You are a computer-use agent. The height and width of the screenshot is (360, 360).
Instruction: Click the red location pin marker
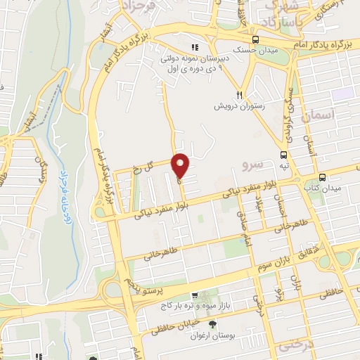181,166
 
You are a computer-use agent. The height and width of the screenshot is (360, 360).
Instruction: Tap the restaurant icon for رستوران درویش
239,95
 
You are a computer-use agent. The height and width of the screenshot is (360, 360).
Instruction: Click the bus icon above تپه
283,155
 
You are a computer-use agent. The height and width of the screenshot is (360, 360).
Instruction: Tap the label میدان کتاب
326,188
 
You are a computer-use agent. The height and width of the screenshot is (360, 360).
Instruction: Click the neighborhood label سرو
251,165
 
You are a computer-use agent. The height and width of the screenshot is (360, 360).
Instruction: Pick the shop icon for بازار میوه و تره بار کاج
205,297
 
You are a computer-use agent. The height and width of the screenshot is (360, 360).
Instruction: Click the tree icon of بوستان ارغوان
212,323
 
